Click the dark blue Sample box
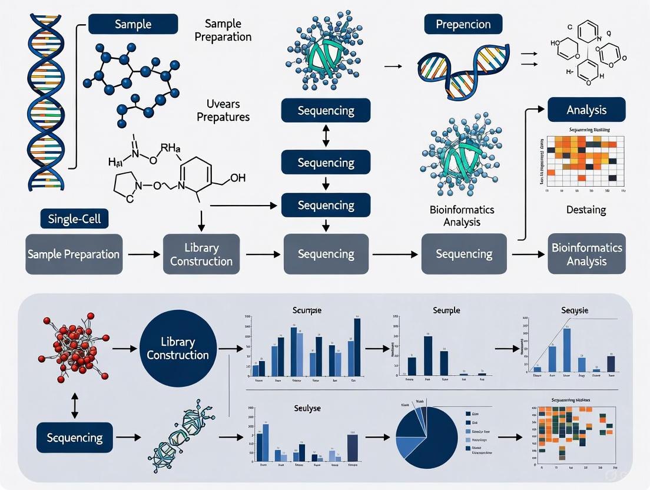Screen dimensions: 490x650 pyautogui.click(x=132, y=25)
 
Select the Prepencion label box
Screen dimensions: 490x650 pyautogui.click(x=463, y=25)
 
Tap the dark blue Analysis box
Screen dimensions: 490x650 pyautogui.click(x=586, y=110)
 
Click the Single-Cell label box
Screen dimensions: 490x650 pyautogui.click(x=74, y=219)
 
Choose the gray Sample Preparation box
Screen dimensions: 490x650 pyautogui.click(x=74, y=254)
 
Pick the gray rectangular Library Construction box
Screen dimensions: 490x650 pyautogui.click(x=201, y=254)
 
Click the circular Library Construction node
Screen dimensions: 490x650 pyautogui.click(x=178, y=349)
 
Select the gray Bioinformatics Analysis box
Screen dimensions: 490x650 pyautogui.click(x=586, y=254)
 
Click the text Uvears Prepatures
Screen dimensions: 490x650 pyautogui.click(x=223, y=111)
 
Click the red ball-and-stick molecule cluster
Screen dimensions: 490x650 pyautogui.click(x=74, y=349)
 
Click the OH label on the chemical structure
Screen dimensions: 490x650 pyautogui.click(x=237, y=178)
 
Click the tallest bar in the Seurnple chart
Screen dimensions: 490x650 pyautogui.click(x=427, y=355)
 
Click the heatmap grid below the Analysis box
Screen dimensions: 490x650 pyautogui.click(x=586, y=161)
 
